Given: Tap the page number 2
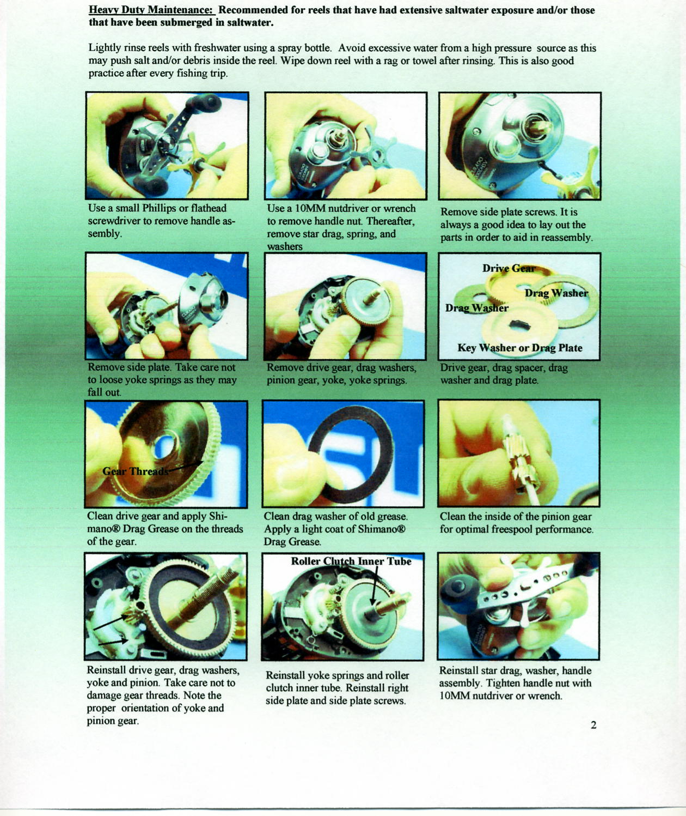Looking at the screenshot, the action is point(593,726).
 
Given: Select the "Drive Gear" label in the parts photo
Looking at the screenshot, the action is point(509,268).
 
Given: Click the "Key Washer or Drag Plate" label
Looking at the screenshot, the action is point(520,348).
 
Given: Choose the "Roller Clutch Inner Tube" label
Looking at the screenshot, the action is point(351,561).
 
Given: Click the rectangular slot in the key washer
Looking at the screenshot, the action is point(518,325).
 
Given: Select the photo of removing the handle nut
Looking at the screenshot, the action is point(346,146).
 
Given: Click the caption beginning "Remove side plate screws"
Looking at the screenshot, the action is point(517,225).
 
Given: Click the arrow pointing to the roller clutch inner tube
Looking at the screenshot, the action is point(375,586).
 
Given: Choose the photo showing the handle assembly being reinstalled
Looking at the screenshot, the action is point(519,606).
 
